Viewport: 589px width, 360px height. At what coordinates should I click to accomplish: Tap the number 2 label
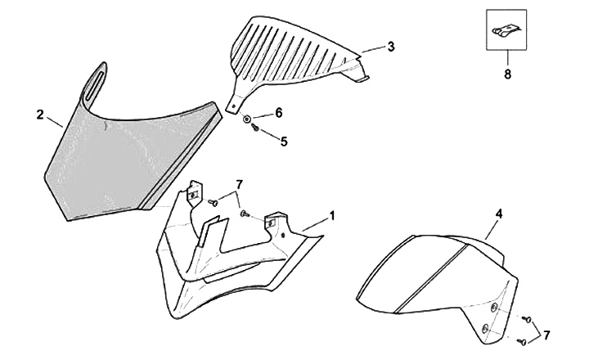(38, 115)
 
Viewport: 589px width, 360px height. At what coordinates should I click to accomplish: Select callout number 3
(391, 47)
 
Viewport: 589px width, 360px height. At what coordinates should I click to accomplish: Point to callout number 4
(498, 214)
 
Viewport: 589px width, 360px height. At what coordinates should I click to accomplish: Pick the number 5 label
(284, 141)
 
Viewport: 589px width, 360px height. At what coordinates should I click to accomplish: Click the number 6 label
(278, 112)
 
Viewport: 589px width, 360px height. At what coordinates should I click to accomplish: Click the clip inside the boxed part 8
(506, 31)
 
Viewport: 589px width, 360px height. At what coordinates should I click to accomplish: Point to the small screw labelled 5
(254, 129)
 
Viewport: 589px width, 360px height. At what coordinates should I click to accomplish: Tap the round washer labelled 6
(248, 120)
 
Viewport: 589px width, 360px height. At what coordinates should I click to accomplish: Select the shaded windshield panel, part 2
(123, 155)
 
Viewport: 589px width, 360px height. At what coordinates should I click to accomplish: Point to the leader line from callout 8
(506, 57)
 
